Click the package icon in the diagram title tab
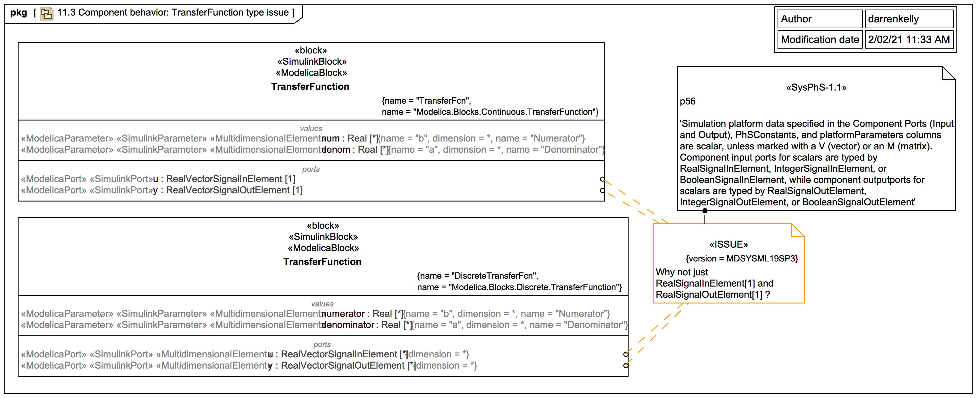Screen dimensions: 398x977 46,13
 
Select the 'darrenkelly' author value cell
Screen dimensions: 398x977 908,19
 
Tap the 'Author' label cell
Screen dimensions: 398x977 820,19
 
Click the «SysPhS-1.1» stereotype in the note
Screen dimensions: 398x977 816,88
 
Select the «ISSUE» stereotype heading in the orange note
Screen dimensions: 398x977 728,244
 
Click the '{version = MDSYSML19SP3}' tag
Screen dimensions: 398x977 741,259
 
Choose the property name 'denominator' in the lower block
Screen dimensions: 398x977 348,325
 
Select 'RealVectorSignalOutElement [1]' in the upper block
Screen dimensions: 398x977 234,190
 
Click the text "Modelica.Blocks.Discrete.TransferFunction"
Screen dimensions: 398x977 535,287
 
